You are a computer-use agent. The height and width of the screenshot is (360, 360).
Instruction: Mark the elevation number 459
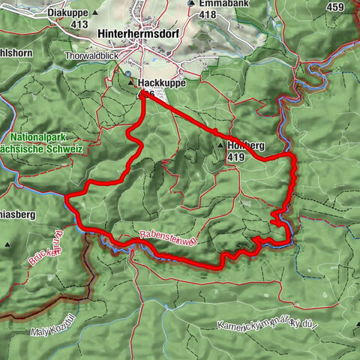(336, 7)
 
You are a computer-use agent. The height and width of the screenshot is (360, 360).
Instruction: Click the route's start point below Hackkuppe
(142, 94)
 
